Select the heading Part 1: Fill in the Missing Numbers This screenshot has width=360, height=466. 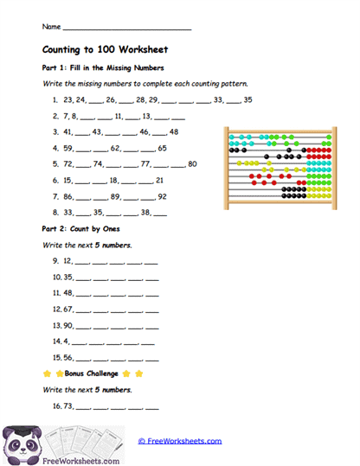103,67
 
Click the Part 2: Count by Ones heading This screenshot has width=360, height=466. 80,229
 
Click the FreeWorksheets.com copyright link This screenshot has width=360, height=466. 180,441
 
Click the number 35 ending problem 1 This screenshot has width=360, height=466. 247,99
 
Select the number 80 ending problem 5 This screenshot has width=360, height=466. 192,163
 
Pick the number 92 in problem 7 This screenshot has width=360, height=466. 162,196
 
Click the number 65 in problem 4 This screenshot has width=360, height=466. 162,148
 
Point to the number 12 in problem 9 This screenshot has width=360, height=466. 67,260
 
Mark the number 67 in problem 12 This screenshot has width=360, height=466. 68,309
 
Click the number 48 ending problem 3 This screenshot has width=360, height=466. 174,131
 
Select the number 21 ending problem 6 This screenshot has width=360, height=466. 160,180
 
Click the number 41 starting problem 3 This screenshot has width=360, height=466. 67,131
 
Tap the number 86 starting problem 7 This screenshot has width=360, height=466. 67,196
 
